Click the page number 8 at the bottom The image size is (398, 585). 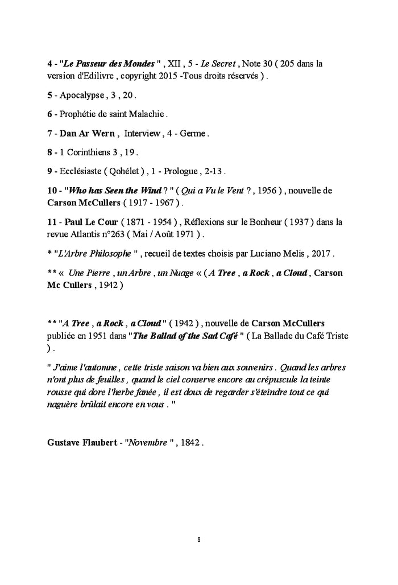[199, 539]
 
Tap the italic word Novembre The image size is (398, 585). [145, 442]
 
